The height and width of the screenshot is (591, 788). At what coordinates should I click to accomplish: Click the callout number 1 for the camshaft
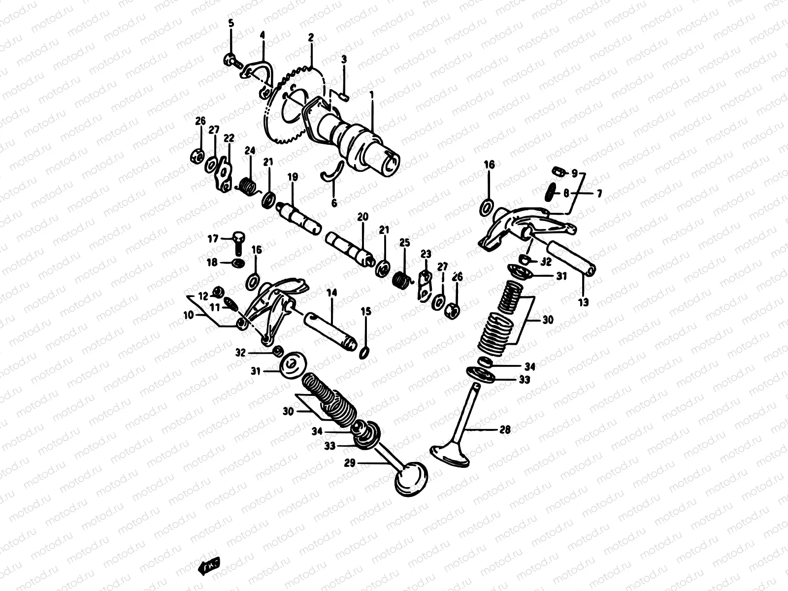(x=372, y=94)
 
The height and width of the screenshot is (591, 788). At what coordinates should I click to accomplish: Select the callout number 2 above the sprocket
(x=311, y=37)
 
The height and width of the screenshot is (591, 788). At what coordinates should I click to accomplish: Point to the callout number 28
(x=505, y=429)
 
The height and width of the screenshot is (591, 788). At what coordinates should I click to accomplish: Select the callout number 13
(x=583, y=303)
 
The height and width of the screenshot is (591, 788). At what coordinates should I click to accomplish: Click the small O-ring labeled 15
(x=365, y=352)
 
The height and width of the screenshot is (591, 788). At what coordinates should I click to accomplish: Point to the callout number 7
(x=599, y=194)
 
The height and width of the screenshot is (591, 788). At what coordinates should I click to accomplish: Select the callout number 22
(x=229, y=138)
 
